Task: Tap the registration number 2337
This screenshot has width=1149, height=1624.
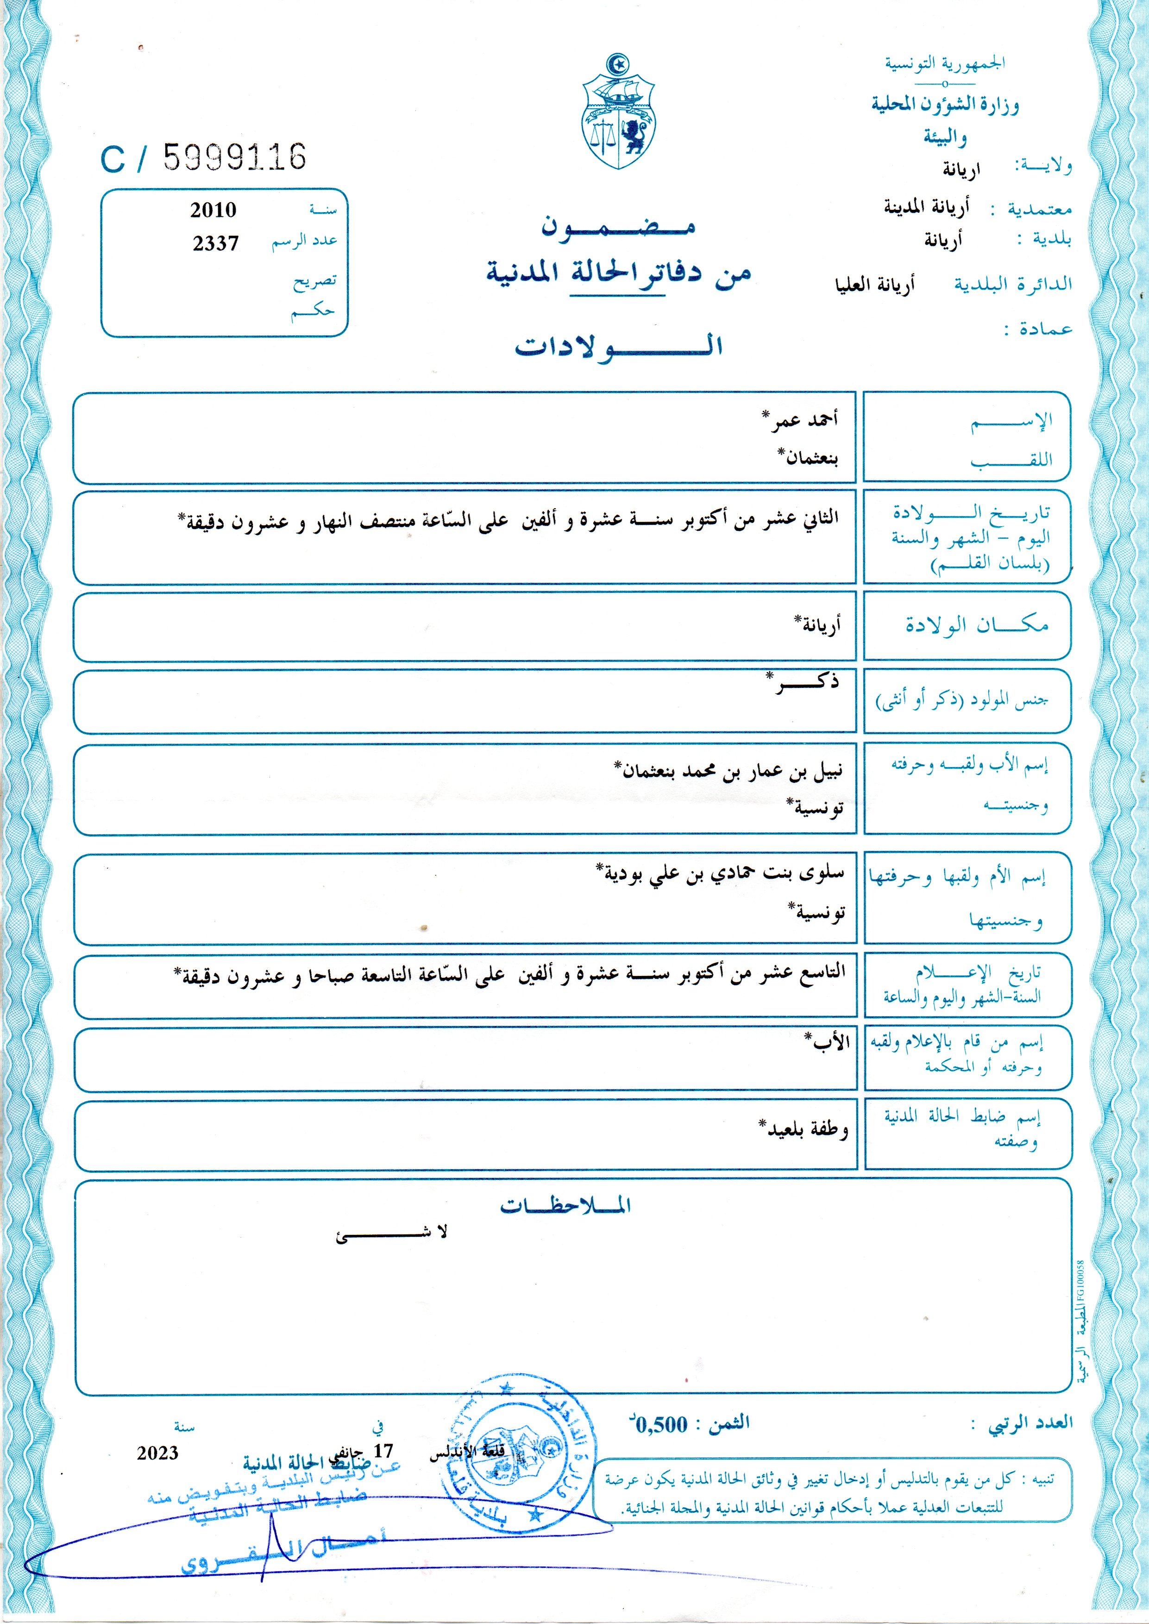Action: pyautogui.click(x=216, y=244)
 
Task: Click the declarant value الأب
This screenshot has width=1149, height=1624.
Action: pyautogui.click(x=829, y=1042)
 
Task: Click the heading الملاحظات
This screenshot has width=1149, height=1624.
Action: pyautogui.click(x=565, y=1205)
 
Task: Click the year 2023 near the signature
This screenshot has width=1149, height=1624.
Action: pyautogui.click(x=158, y=1453)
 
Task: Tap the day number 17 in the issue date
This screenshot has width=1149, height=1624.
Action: pyautogui.click(x=383, y=1451)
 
